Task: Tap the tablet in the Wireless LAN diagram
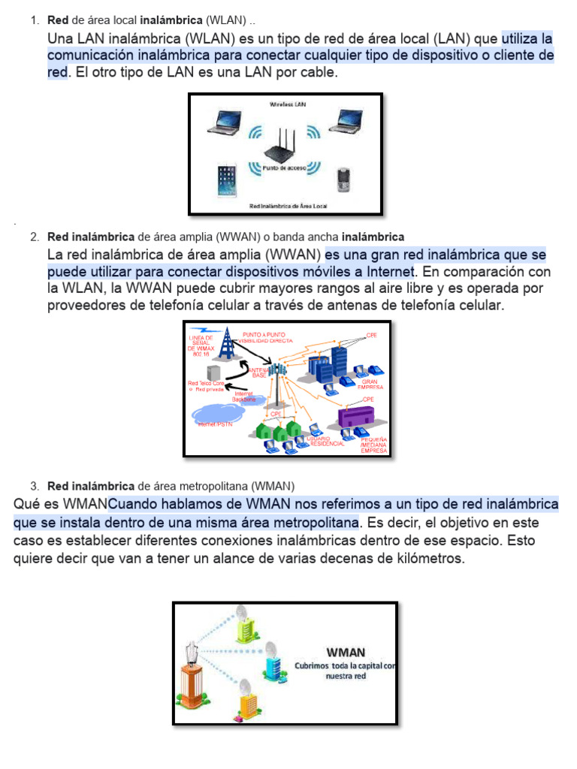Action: (x=225, y=181)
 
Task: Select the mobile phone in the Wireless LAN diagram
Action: (x=344, y=179)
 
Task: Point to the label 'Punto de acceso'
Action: (x=284, y=168)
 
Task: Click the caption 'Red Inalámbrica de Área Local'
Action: (x=288, y=205)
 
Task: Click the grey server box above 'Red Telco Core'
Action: (x=214, y=370)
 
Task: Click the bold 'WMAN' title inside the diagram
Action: (x=346, y=652)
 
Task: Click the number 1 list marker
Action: (x=35, y=19)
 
